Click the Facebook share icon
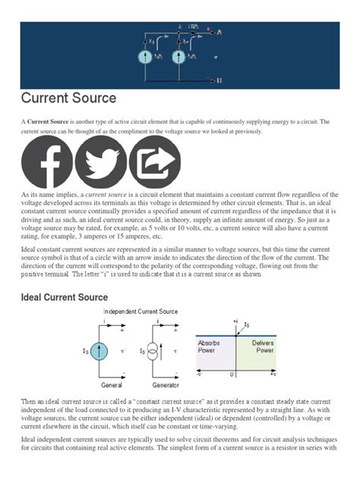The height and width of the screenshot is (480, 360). [46, 163]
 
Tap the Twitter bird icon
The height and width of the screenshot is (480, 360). [101, 163]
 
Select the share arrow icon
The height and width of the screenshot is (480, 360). [154, 163]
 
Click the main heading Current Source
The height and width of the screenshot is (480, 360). [68, 98]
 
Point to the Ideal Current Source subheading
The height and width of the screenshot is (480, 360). [64, 297]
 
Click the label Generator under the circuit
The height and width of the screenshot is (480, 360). [155, 385]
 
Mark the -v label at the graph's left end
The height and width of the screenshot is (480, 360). [200, 374]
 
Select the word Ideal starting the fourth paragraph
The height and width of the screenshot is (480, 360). [30, 248]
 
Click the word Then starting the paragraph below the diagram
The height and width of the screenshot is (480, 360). [29, 400]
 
